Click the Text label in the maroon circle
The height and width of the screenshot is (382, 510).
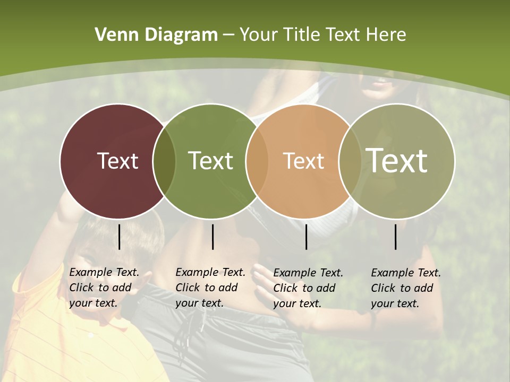point(117,161)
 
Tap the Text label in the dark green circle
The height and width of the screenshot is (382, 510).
point(210,161)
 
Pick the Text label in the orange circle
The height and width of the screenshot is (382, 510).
point(303,161)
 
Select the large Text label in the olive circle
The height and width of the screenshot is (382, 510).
point(397,161)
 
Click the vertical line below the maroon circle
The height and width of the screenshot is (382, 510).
point(119,237)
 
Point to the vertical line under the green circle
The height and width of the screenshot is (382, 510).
point(212,237)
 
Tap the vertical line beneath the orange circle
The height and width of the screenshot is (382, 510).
point(306,237)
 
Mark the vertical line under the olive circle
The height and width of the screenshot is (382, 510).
point(396,237)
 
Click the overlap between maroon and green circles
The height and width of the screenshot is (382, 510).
point(164,161)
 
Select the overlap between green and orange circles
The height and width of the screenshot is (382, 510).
point(257,161)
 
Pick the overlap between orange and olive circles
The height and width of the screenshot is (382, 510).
point(350,161)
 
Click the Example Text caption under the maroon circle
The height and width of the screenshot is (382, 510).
point(104,288)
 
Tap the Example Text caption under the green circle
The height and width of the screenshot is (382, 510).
point(210,288)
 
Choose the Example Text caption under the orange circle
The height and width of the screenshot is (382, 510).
point(308,288)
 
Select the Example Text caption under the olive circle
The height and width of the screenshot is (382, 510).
point(405,288)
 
